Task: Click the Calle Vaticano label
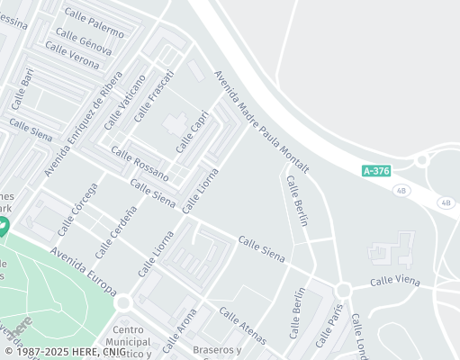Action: [x=124, y=103]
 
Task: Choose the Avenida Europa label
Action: [x=83, y=272]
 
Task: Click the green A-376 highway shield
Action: [x=376, y=169]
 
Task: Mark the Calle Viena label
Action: [x=395, y=282]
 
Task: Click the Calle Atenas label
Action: [x=243, y=325]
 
